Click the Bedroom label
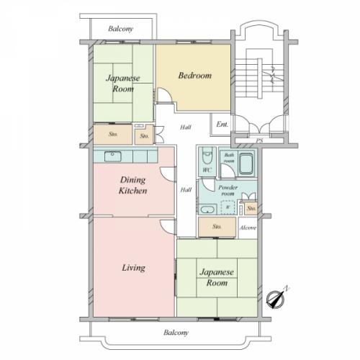(195, 76)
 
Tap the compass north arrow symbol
(276, 297)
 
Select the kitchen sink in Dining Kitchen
(113, 156)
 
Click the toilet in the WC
(207, 156)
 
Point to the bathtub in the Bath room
(246, 164)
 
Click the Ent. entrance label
(222, 124)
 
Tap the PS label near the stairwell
(259, 141)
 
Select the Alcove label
(248, 228)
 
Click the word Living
(133, 268)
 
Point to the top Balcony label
(120, 29)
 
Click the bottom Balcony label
(176, 333)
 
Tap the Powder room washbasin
(207, 210)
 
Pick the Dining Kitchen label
(133, 185)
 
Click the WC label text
(207, 170)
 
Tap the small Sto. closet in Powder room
(251, 208)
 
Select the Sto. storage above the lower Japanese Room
(217, 227)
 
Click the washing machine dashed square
(228, 207)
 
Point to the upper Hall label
(186, 127)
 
